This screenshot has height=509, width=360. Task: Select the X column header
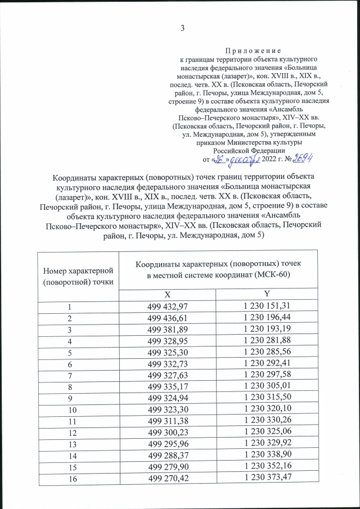pos(166,294)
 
